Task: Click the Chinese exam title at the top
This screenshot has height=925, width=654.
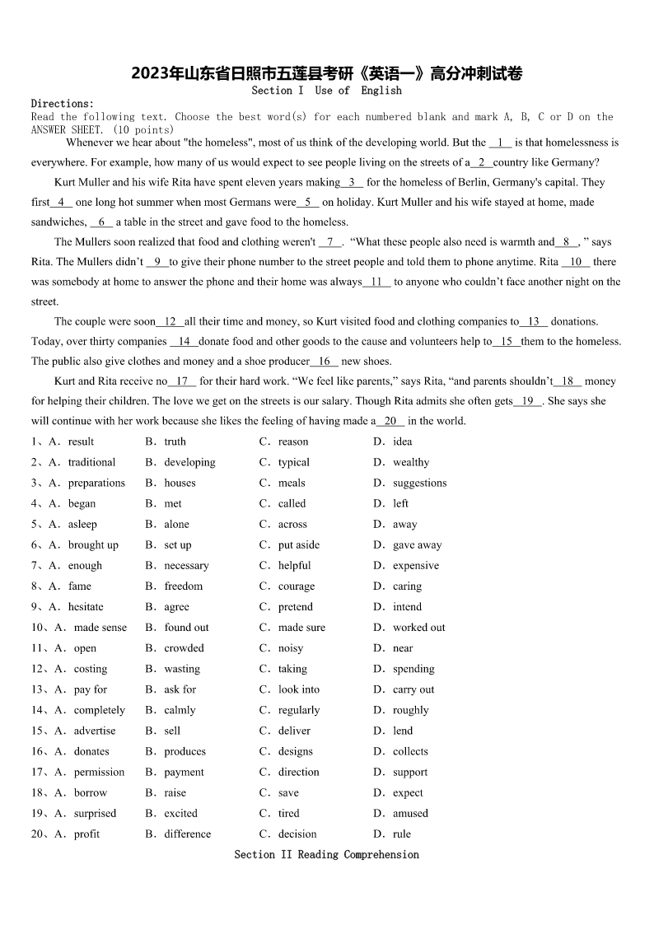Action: (327, 74)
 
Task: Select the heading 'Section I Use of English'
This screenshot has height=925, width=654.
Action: (327, 91)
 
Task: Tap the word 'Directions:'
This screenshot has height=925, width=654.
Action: (63, 104)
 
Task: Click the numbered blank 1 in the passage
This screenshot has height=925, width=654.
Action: (500, 142)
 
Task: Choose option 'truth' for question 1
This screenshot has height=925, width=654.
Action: (175, 441)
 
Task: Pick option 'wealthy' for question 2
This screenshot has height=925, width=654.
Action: (411, 462)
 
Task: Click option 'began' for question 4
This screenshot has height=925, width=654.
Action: (82, 503)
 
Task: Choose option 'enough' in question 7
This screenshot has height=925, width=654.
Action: (85, 565)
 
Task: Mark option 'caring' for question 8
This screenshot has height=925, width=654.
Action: (407, 586)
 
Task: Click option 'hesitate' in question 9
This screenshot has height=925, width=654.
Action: (86, 607)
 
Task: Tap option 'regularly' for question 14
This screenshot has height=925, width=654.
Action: (299, 710)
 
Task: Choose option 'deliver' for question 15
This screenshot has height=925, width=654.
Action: (294, 731)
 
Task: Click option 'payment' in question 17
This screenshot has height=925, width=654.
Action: (184, 772)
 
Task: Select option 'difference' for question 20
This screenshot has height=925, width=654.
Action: (187, 834)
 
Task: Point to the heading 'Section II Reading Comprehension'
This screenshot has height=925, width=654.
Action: (327, 854)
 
